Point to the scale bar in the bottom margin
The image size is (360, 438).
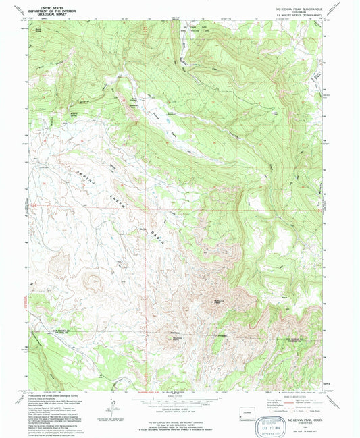coord(179,402)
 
